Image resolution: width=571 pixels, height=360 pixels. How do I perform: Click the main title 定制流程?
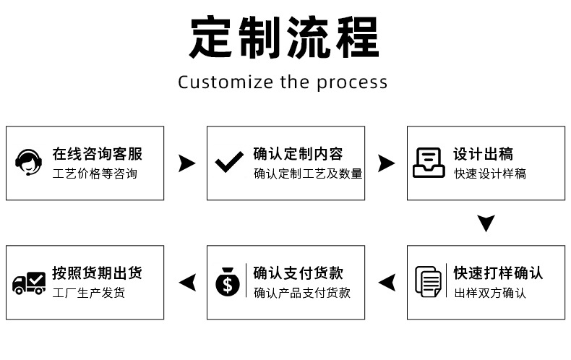(284, 38)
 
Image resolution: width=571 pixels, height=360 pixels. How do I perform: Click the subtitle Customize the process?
(283, 82)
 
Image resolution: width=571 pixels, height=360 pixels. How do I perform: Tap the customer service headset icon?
(28, 163)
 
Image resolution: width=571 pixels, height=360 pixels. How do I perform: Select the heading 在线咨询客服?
(98, 154)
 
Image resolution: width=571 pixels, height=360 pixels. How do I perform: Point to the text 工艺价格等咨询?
(95, 173)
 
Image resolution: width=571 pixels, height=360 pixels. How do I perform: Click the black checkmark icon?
(229, 162)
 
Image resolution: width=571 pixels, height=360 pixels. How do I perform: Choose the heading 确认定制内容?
(298, 154)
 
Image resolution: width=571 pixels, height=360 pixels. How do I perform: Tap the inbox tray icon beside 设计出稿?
(429, 163)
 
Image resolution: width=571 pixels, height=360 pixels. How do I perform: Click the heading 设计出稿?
(484, 154)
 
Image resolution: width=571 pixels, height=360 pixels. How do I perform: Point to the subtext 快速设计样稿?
(490, 173)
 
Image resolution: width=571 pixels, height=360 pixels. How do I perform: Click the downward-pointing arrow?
(486, 223)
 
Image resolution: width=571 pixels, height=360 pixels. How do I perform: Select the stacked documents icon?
(428, 282)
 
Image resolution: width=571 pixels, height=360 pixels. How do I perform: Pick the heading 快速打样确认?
(498, 273)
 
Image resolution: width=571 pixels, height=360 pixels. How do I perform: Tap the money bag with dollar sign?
(228, 282)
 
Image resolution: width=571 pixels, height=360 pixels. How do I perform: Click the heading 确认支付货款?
(298, 273)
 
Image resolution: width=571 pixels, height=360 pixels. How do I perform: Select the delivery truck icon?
(29, 283)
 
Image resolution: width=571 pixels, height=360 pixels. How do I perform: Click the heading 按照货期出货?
(98, 273)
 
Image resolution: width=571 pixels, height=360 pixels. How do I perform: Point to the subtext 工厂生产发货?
(88, 293)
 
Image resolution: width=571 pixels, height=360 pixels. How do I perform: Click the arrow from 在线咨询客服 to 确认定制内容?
(186, 163)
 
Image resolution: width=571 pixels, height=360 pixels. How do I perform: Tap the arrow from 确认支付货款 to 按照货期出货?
(187, 283)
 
